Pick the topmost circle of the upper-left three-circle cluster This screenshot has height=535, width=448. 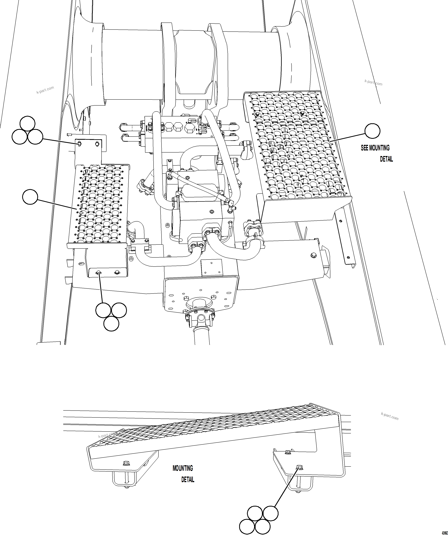[x=27, y=124]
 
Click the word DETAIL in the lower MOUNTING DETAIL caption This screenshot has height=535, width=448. [x=188, y=479]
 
